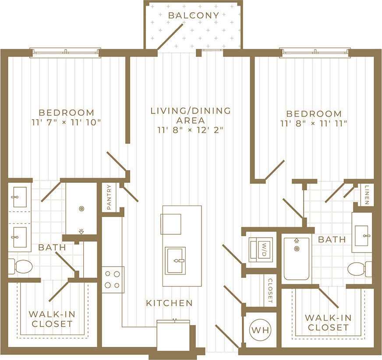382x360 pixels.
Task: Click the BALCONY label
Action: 193,15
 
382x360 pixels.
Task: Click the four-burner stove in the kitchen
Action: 113,279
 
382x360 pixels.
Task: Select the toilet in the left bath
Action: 21,266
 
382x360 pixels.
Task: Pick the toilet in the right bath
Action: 358,269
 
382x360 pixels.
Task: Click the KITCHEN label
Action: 169,303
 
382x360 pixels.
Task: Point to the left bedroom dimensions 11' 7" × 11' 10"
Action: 66,122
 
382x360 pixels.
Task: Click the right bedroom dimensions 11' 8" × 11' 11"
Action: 314,124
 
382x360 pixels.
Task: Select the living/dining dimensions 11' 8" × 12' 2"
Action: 191,130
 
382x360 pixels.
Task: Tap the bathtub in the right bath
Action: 297,259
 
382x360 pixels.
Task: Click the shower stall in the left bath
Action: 81,209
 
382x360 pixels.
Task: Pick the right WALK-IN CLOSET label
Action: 328,322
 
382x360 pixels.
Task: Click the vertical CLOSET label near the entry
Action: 270,291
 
